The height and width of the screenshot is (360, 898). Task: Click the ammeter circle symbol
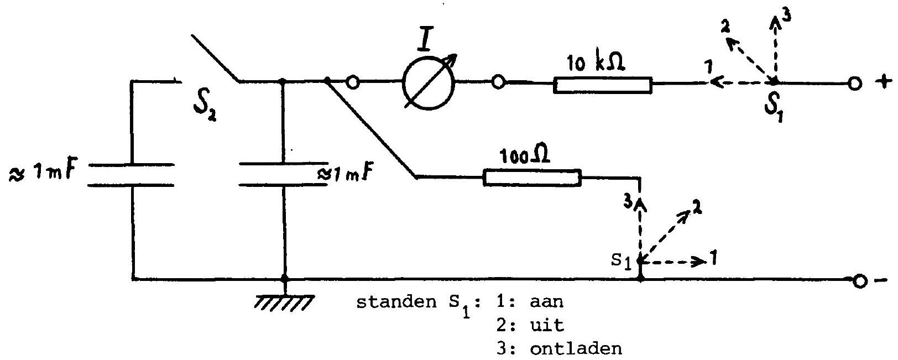[429, 84]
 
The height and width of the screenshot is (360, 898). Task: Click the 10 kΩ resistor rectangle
[603, 85]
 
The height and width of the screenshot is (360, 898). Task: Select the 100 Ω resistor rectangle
[532, 178]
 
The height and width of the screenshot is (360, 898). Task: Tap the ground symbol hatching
[284, 302]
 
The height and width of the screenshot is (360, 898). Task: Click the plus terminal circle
[854, 84]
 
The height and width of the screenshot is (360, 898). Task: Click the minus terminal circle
[859, 281]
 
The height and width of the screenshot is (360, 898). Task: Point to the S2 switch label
[205, 107]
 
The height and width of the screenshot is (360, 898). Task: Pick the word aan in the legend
[546, 301]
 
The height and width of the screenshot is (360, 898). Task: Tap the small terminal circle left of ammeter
[353, 82]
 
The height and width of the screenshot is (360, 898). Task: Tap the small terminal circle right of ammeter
[498, 82]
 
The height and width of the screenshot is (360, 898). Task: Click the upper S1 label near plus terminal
[774, 107]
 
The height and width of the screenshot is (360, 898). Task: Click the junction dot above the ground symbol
[285, 278]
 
